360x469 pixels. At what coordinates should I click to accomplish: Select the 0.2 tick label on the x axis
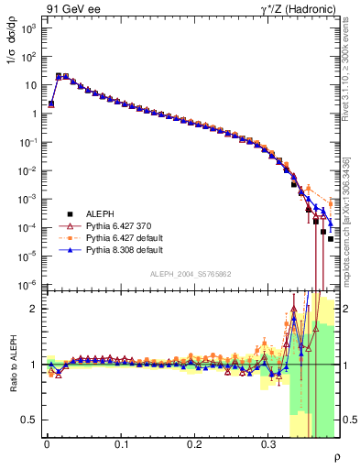click(194, 444)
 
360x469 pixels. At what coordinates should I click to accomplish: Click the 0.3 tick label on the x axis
click(268, 444)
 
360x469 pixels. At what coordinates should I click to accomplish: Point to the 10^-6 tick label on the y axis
click(26, 284)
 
